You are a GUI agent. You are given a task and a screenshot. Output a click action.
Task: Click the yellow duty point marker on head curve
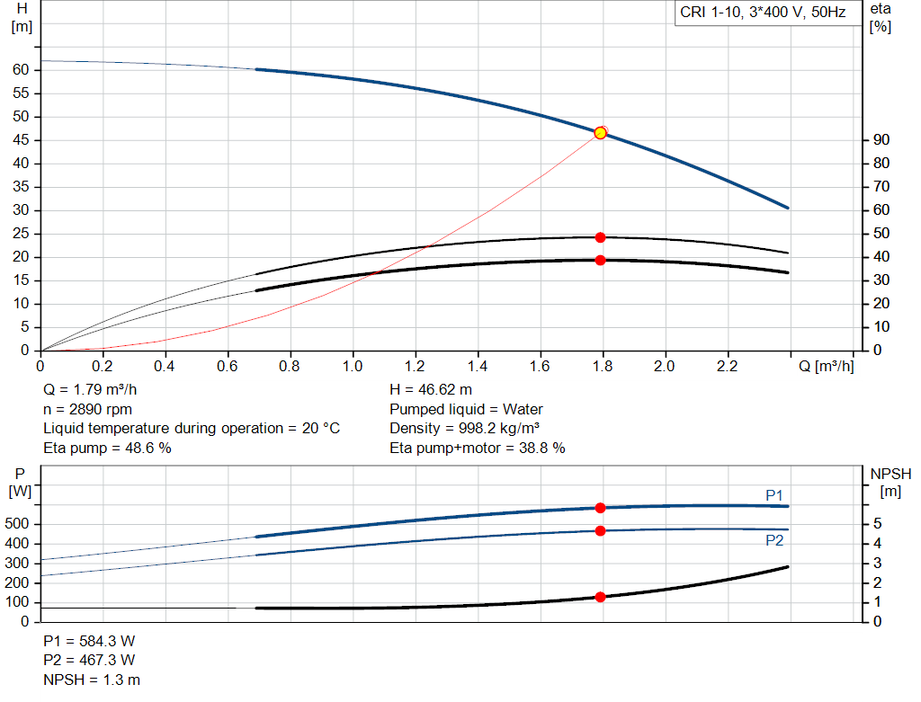tap(600, 133)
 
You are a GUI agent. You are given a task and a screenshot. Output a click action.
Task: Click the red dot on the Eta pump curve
tap(600, 237)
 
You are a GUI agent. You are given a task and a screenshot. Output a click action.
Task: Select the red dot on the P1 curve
tap(600, 508)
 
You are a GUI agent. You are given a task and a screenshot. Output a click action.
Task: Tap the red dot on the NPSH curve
tap(600, 597)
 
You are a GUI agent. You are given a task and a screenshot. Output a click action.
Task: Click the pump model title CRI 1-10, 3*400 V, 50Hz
tap(764, 13)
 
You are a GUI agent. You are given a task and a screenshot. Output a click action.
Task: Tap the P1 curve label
tap(773, 495)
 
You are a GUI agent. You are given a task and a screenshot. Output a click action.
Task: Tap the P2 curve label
tap(773, 540)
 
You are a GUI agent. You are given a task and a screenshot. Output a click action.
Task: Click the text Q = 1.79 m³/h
tap(91, 390)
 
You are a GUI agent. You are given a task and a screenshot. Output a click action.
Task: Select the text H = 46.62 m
tap(431, 390)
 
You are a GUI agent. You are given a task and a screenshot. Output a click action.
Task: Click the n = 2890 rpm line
tap(87, 409)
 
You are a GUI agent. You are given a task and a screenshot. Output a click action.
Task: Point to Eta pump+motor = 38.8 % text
tap(478, 448)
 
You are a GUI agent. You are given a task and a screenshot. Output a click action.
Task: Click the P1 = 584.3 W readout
tap(89, 641)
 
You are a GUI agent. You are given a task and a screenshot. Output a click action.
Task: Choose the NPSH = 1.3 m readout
tap(92, 680)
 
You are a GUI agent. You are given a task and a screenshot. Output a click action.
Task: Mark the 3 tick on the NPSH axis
tap(876, 564)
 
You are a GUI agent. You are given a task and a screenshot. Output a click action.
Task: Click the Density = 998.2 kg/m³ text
tap(465, 428)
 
